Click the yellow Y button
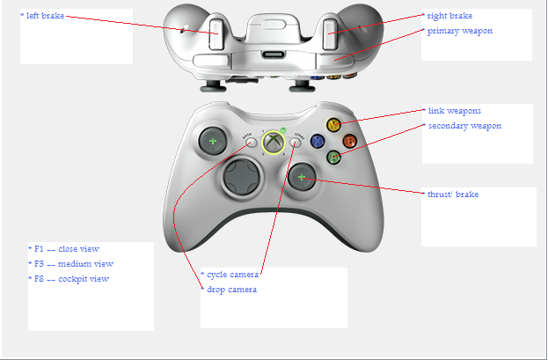pos(333,125)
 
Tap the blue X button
pos(318,142)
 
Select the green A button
pos(333,157)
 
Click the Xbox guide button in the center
pos(274,143)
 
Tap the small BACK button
pos(251,143)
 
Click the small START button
pos(296,143)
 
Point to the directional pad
pos(242,177)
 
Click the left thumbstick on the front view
pos(213,141)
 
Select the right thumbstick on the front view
pos(302,177)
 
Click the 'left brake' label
pos(45,16)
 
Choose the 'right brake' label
pos(449,16)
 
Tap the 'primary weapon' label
pos(460,31)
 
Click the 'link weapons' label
pos(455,111)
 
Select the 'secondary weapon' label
pos(464,126)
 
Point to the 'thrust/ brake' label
pos(453,195)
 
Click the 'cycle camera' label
pos(233,275)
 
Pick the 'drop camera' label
pos(231,290)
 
